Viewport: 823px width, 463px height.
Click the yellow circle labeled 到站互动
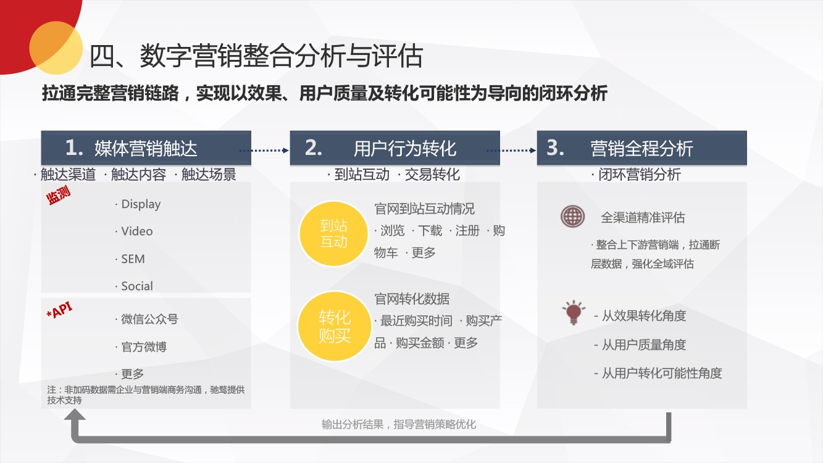pyautogui.click(x=333, y=233)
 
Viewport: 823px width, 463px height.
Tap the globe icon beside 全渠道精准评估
pyautogui.click(x=572, y=216)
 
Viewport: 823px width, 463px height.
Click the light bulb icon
pyautogui.click(x=574, y=312)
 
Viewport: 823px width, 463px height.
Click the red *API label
pyautogui.click(x=59, y=311)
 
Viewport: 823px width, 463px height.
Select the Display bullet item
pyautogui.click(x=138, y=204)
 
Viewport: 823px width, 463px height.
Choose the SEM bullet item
pyautogui.click(x=130, y=259)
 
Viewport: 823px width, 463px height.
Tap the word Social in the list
pyautogui.click(x=137, y=286)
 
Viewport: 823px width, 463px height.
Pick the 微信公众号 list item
pyautogui.click(x=146, y=319)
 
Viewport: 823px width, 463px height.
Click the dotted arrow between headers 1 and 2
pyautogui.click(x=264, y=150)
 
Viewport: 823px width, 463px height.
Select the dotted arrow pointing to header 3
pyautogui.click(x=511, y=150)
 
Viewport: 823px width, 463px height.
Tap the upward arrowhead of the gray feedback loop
pyautogui.click(x=75, y=415)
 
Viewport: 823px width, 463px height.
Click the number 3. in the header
pyautogui.click(x=555, y=148)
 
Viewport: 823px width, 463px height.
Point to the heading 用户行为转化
pyautogui.click(x=405, y=148)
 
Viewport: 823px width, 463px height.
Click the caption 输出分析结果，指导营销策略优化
pyautogui.click(x=399, y=425)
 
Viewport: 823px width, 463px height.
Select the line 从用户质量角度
pyautogui.click(x=640, y=344)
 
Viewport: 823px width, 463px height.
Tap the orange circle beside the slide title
pyautogui.click(x=56, y=48)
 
